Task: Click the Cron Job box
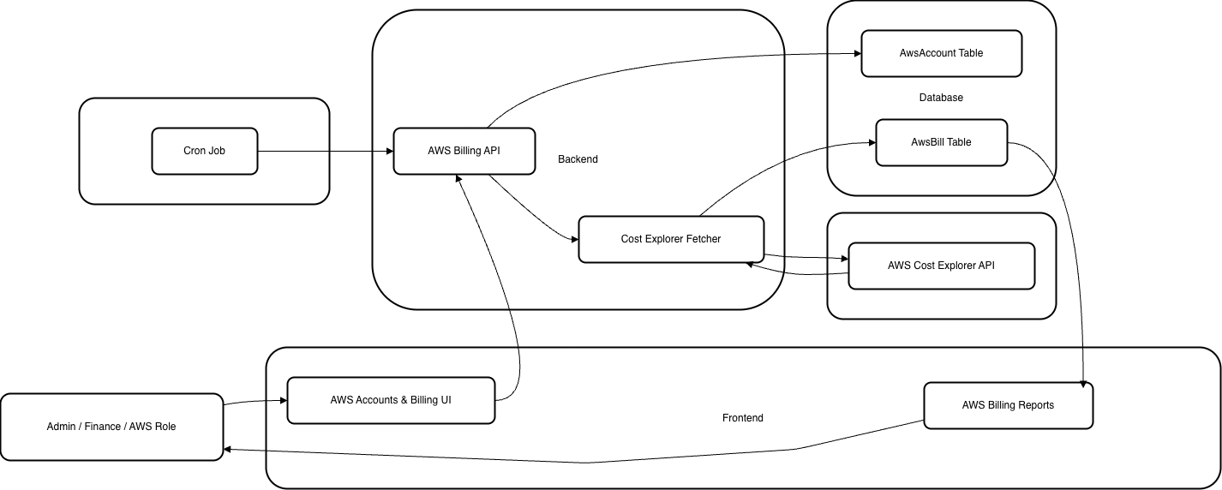click(x=204, y=151)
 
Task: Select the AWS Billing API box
click(x=464, y=151)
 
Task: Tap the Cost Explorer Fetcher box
click(x=670, y=239)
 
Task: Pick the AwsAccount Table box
click(x=941, y=53)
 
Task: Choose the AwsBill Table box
click(x=941, y=142)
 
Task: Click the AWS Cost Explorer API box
click(x=941, y=266)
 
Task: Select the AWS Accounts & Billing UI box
click(x=390, y=400)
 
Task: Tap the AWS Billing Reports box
click(x=1008, y=405)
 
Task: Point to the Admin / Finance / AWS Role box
click(x=111, y=427)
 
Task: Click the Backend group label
click(x=578, y=159)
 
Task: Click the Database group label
click(x=941, y=98)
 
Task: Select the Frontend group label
click(x=742, y=418)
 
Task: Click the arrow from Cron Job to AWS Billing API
click(x=326, y=152)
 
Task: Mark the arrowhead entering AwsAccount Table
click(x=856, y=54)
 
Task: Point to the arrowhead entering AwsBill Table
click(x=871, y=143)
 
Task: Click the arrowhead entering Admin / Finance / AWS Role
click(x=228, y=450)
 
